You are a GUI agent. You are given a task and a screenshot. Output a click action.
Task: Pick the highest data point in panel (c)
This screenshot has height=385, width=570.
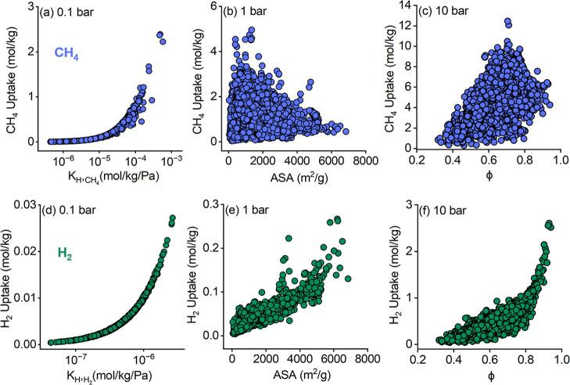click(507, 23)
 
